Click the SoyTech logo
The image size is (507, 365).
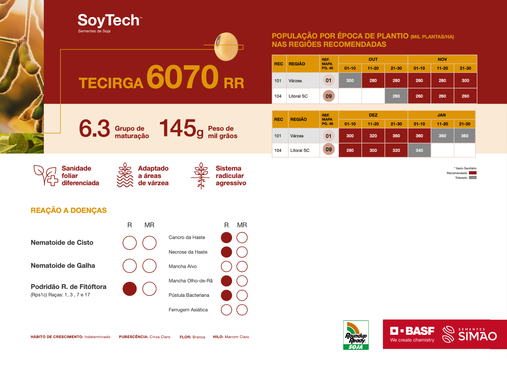pyautogui.click(x=110, y=23)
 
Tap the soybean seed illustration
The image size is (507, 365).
pyautogui.click(x=226, y=47)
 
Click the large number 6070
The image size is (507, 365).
pyautogui.click(x=183, y=77)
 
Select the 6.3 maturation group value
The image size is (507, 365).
pyautogui.click(x=95, y=129)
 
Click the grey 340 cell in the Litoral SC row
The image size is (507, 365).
pyautogui.click(x=419, y=150)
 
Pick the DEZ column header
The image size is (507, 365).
pyautogui.click(x=373, y=115)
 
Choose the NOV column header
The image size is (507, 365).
pyautogui.click(x=442, y=59)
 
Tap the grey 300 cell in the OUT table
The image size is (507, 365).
pyautogui.click(x=350, y=81)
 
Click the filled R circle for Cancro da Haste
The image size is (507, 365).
pyautogui.click(x=226, y=238)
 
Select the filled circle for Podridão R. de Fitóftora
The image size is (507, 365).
pyautogui.click(x=130, y=289)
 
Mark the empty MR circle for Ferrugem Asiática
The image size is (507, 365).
pyautogui.click(x=242, y=310)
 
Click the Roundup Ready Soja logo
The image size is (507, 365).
pyautogui.click(x=356, y=335)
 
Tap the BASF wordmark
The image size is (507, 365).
pyautogui.click(x=412, y=331)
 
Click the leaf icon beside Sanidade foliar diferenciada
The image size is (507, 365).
pyautogui.click(x=46, y=175)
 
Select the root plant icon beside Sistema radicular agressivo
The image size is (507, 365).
pyautogui.click(x=201, y=176)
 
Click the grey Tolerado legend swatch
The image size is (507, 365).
pyautogui.click(x=473, y=178)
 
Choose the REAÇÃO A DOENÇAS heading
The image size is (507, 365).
pyautogui.click(x=69, y=210)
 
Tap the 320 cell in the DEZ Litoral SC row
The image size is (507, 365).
pyautogui.click(x=396, y=150)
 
